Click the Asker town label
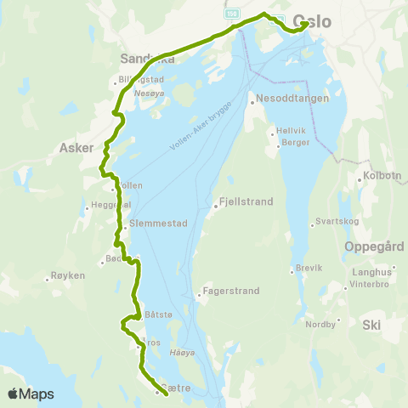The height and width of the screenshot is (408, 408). pos(76,147)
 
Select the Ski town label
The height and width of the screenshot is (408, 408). pos(372,325)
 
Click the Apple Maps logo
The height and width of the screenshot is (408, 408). pos(31,394)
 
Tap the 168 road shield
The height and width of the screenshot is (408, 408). pos(232,14)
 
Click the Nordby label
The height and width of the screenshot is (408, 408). pos(320,324)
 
